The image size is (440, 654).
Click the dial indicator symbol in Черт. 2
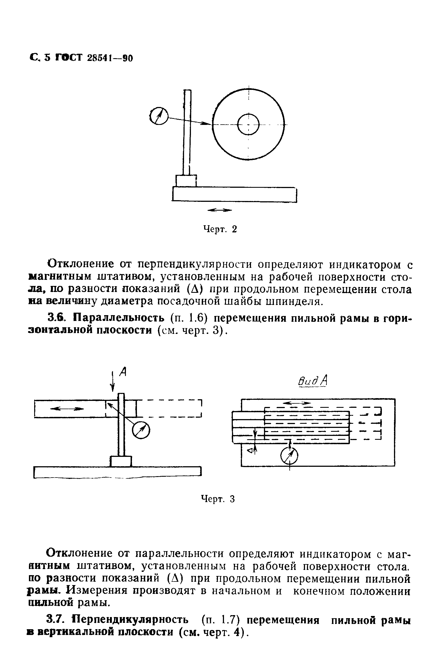[x=158, y=116]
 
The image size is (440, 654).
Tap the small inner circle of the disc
[x=248, y=124]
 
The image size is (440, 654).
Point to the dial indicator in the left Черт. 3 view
[x=141, y=430]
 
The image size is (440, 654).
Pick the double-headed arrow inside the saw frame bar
[x=67, y=409]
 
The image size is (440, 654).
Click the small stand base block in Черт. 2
[x=186, y=181]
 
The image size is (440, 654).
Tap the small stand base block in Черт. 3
[x=121, y=462]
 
